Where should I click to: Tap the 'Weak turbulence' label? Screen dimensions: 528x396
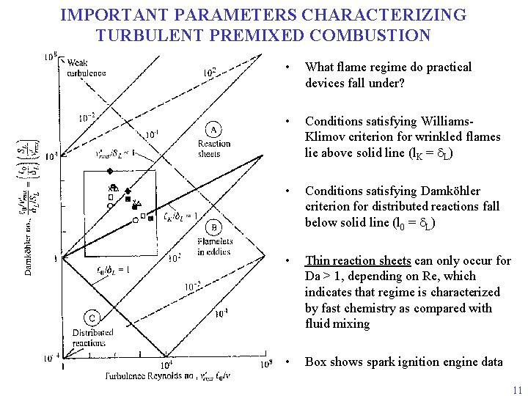87,67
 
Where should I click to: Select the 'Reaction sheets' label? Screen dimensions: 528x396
214,149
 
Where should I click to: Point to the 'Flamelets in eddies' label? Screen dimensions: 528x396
215,247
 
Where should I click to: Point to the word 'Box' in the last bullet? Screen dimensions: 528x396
316,362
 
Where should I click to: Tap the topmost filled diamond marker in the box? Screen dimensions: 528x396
109,171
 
